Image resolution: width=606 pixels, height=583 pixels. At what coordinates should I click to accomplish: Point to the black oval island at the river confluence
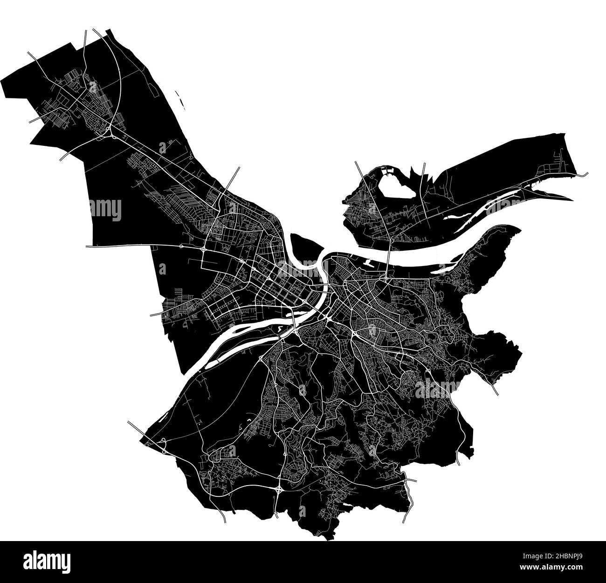305,247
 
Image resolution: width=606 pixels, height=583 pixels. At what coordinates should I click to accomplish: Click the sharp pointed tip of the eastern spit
572,199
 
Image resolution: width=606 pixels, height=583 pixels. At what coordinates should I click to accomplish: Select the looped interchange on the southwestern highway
164,445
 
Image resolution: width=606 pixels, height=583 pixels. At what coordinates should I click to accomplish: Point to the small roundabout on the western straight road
181,246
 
